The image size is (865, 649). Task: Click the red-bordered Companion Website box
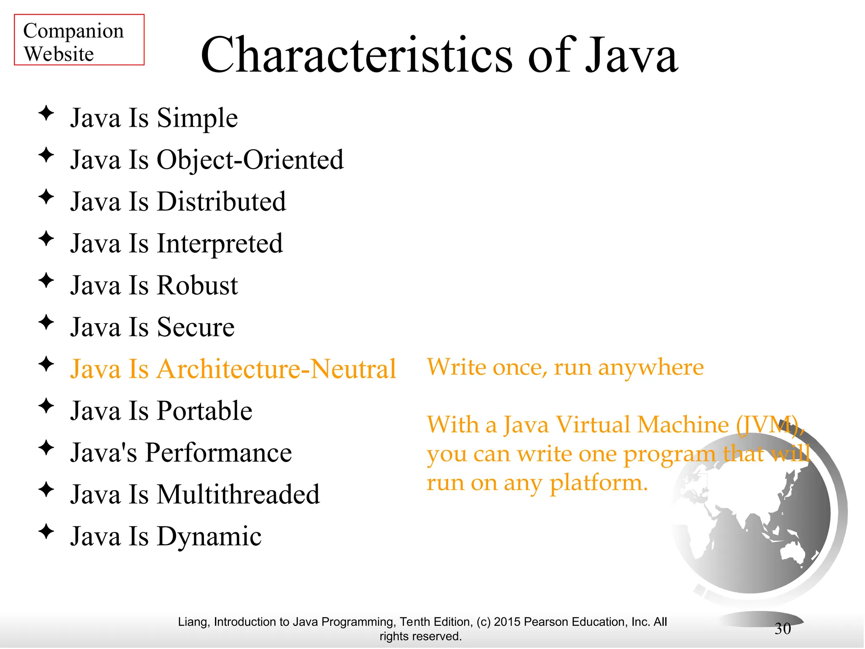pyautogui.click(x=79, y=40)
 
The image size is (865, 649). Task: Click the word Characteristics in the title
pyautogui.click(x=356, y=55)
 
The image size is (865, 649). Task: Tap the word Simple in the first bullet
pyautogui.click(x=197, y=118)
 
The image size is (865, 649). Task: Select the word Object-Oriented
pyautogui.click(x=250, y=160)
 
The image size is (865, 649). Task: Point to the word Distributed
pyautogui.click(x=221, y=202)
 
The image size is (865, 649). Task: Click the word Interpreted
pyautogui.click(x=220, y=244)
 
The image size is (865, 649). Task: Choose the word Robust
pyautogui.click(x=197, y=285)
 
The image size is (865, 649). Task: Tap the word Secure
pyautogui.click(x=196, y=327)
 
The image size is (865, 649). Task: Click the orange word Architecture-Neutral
pyautogui.click(x=276, y=369)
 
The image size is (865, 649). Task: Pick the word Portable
pyautogui.click(x=204, y=411)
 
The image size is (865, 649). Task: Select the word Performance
pyautogui.click(x=218, y=453)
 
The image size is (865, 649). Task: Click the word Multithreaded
pyautogui.click(x=238, y=494)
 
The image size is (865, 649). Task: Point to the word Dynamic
pyautogui.click(x=209, y=537)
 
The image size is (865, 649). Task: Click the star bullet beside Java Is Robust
pyautogui.click(x=46, y=281)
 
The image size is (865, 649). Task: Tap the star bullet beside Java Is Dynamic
pyautogui.click(x=46, y=532)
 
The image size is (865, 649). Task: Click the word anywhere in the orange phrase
pyautogui.click(x=650, y=368)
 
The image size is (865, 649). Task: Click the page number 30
pyautogui.click(x=783, y=629)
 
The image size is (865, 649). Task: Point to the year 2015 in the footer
pyautogui.click(x=507, y=622)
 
